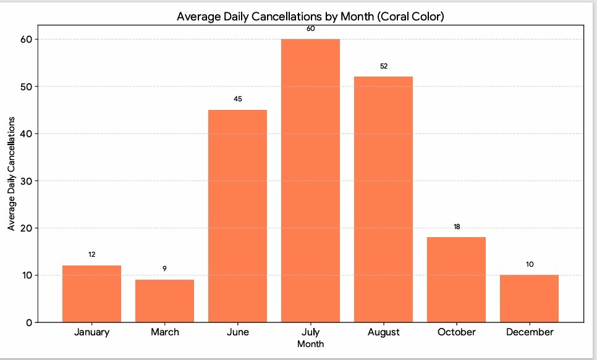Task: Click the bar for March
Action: click(164, 301)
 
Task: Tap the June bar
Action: click(237, 216)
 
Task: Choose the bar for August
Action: click(383, 199)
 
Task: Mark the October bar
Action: click(456, 280)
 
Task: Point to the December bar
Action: click(529, 298)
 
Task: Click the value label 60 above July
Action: click(310, 28)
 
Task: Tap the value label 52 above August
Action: click(383, 66)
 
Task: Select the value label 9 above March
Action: click(164, 269)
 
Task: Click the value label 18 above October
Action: click(456, 227)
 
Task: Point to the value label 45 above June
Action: click(237, 99)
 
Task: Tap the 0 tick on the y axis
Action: click(29, 322)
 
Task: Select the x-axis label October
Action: click(456, 332)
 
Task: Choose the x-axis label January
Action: click(91, 332)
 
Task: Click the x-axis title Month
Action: click(310, 344)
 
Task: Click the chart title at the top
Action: click(310, 17)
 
